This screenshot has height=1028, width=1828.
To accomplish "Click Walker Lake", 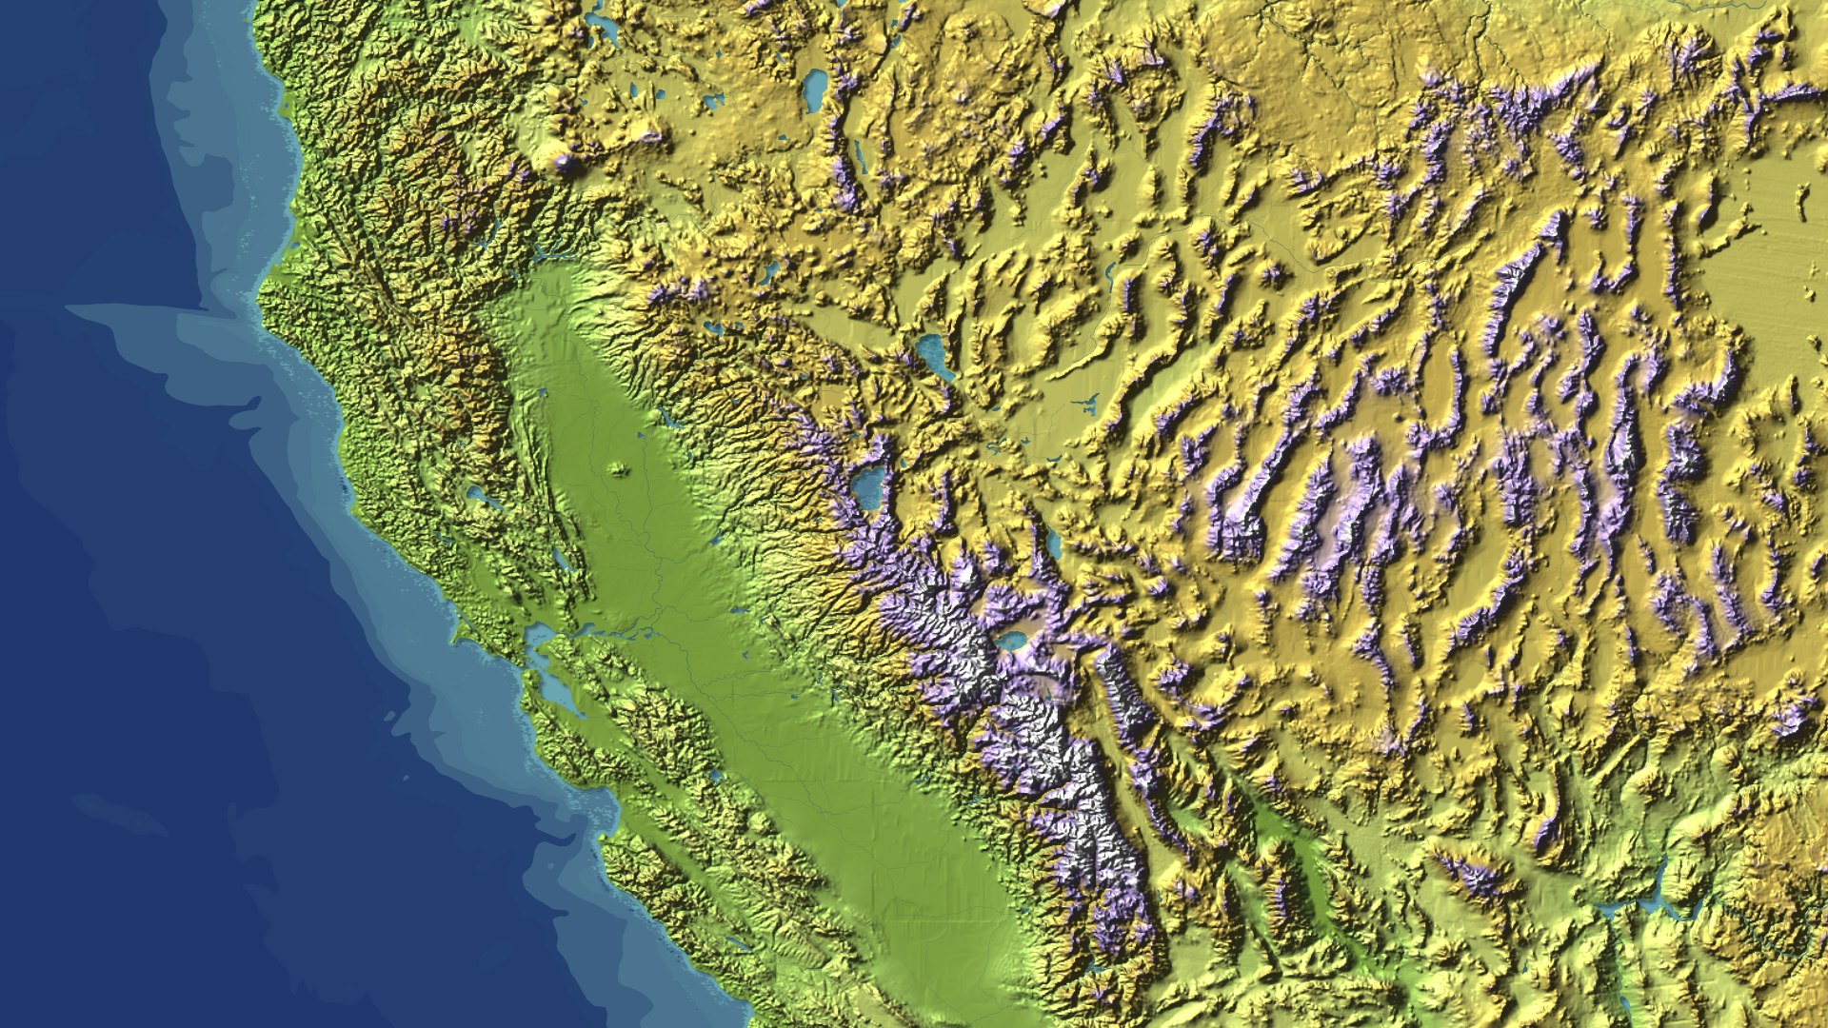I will tap(1053, 544).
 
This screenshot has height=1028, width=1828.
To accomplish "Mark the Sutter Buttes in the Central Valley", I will tap(619, 468).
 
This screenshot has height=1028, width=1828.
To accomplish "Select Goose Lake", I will tap(816, 89).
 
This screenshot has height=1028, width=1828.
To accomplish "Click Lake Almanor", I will tap(712, 328).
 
